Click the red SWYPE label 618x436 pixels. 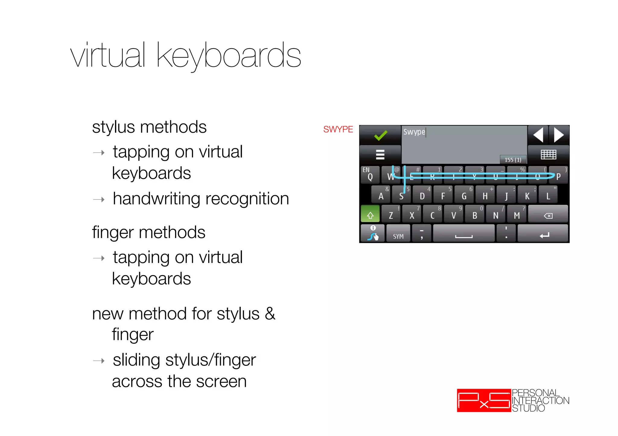coord(338,129)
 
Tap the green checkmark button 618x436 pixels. coord(380,135)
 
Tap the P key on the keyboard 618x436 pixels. coord(559,176)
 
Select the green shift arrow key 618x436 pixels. coord(370,215)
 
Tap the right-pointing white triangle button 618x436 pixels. coord(559,135)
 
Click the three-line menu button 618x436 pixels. coord(380,154)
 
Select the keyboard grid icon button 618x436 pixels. coord(548,154)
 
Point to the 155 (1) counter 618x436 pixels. coord(513,160)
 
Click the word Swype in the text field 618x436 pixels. coord(414,132)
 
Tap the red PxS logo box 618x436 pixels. coord(484,400)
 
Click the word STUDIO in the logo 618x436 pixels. coord(528,408)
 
